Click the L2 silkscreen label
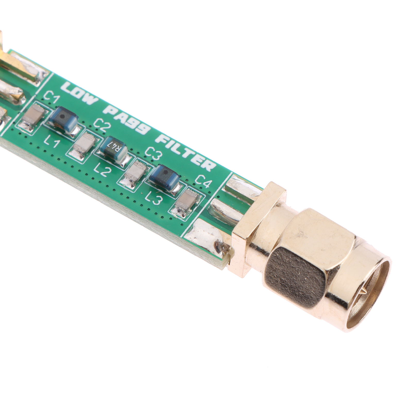click(x=101, y=170)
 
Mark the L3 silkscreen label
click(x=153, y=199)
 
